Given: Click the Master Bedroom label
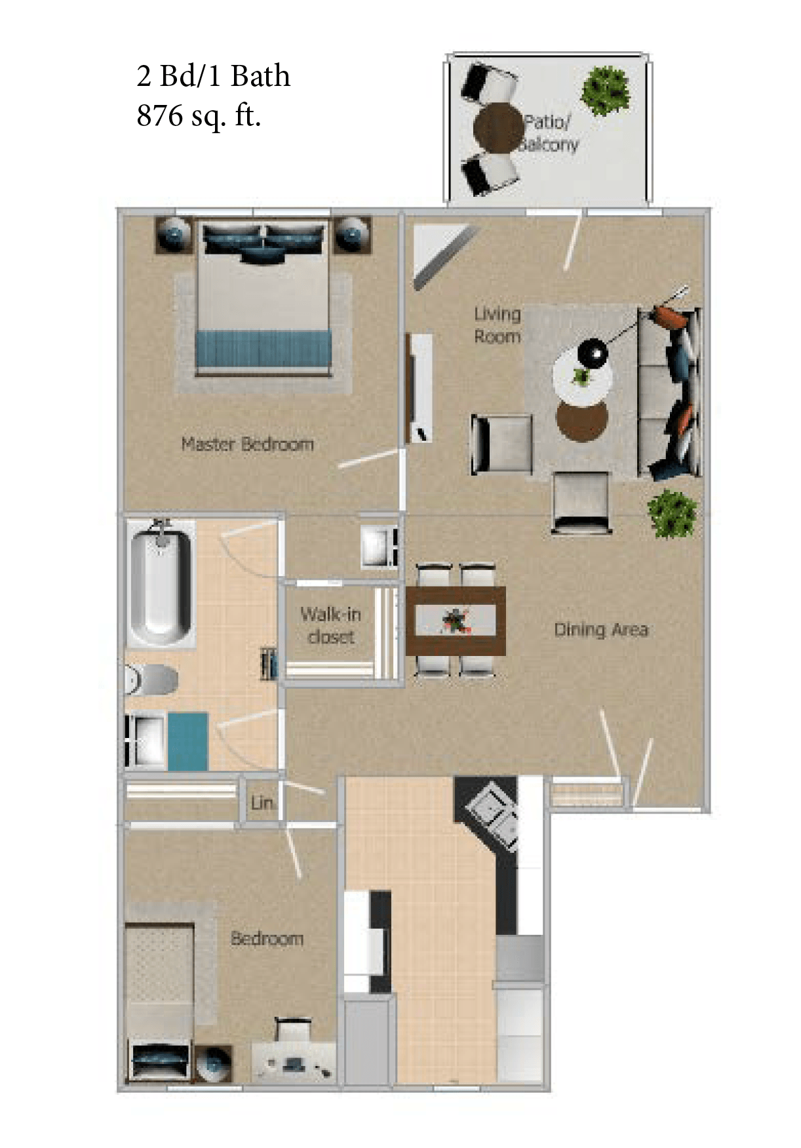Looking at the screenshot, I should pos(247,444).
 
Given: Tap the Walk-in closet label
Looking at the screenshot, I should pos(330,625).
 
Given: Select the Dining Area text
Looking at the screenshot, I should pos(601,630).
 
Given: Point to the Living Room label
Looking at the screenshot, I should pos(497,325).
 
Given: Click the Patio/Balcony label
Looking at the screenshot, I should pos(549,133).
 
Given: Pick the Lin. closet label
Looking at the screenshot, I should pos(262,802).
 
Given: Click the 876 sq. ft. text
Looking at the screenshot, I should pos(199,116).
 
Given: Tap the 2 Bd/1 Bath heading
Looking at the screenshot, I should pos(213,76).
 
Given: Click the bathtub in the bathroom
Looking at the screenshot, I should pos(161,584).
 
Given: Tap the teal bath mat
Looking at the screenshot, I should pos(188,741).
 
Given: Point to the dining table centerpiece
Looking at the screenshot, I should pos(455,620).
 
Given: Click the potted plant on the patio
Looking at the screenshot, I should pos(606,91).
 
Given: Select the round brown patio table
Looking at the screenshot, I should pos(499,129).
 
